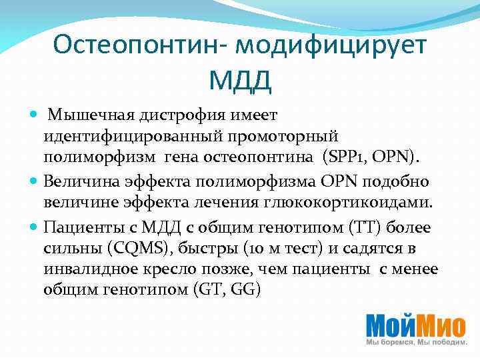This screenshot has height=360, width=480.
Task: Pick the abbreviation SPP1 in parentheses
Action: [343, 159]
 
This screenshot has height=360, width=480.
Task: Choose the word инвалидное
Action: [87, 269]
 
